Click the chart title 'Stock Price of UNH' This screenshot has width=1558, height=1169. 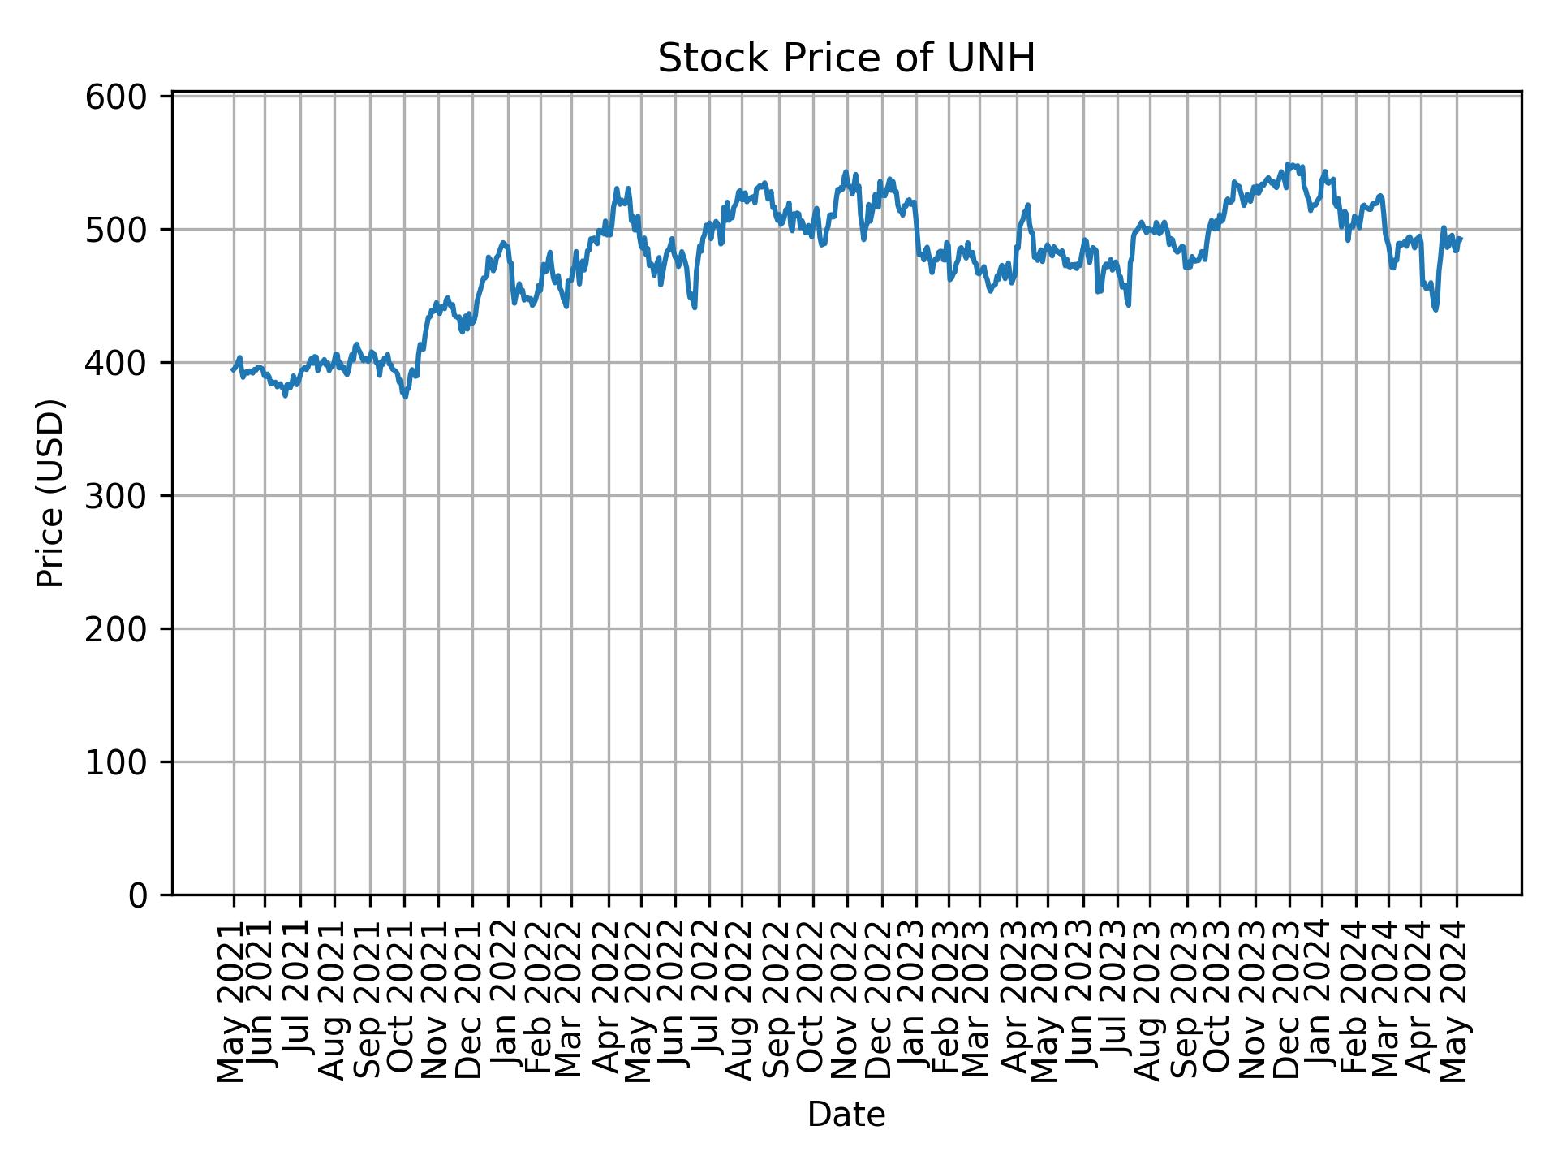tap(846, 59)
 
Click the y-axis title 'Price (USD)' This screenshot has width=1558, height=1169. tap(51, 493)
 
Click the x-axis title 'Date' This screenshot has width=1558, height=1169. tap(846, 1115)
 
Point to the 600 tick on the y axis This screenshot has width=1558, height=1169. tap(127, 97)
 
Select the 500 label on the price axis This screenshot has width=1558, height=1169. tap(127, 230)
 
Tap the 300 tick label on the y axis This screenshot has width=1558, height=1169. tap(127, 496)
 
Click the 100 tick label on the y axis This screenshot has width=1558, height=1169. tap(127, 762)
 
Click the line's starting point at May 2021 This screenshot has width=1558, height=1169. tap(233, 370)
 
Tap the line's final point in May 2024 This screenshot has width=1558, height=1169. tap(1461, 239)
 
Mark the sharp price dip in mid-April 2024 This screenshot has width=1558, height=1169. tap(1435, 309)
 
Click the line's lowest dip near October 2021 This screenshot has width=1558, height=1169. tap(406, 397)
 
